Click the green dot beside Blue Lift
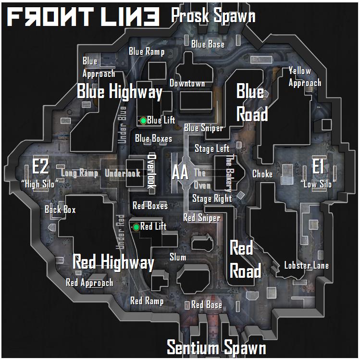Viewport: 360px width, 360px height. pos(143,120)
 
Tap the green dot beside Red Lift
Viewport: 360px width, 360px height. pos(137,227)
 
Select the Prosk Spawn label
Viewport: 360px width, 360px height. pos(213,16)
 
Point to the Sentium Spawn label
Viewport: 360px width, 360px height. pos(216,347)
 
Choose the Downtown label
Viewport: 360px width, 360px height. pos(187,83)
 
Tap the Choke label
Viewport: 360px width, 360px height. pos(262,174)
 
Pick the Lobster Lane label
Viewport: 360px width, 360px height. pos(306,265)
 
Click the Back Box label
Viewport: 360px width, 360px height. pos(60,209)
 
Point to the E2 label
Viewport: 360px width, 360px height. pos(40,167)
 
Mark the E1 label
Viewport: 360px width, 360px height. pos(317,167)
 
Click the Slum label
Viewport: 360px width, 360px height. pos(178,257)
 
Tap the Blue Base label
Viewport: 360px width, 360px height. pos(208,45)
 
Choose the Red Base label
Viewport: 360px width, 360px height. pos(206,305)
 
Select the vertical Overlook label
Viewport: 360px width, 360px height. pos(152,171)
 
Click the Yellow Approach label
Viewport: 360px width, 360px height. pos(305,77)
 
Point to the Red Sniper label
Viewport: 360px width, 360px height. pos(201,218)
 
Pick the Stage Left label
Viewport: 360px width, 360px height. pos(212,149)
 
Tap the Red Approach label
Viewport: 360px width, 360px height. pos(89,283)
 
